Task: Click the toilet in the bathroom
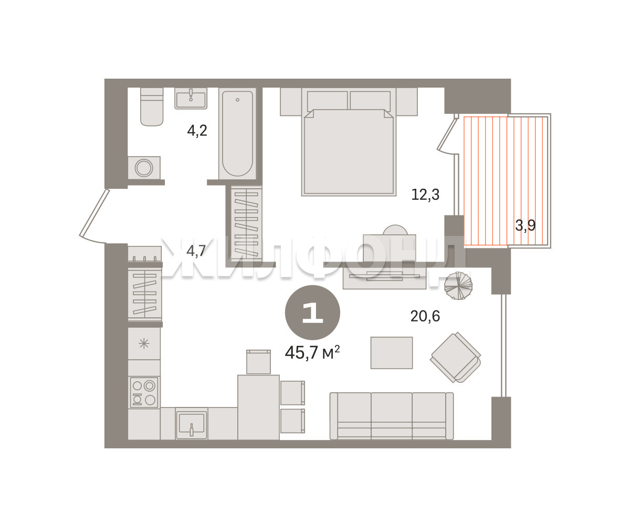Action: coord(152,106)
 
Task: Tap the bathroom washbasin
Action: coord(191,98)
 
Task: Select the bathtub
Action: coord(237,134)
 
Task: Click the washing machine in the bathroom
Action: coord(144,168)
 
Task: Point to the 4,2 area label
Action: coord(197,131)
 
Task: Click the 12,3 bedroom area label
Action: coord(425,195)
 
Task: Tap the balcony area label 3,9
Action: coord(526,225)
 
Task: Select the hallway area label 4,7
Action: coord(196,251)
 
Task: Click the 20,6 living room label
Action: coord(425,316)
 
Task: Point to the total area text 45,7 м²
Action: coord(312,352)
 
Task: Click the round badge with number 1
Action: coord(312,313)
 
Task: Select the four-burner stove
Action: coord(144,392)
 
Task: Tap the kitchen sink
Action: coord(191,423)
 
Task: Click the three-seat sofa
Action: coord(392,416)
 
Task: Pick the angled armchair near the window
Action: coord(456,358)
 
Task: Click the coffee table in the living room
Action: coord(392,353)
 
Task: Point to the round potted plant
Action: coord(458,286)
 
